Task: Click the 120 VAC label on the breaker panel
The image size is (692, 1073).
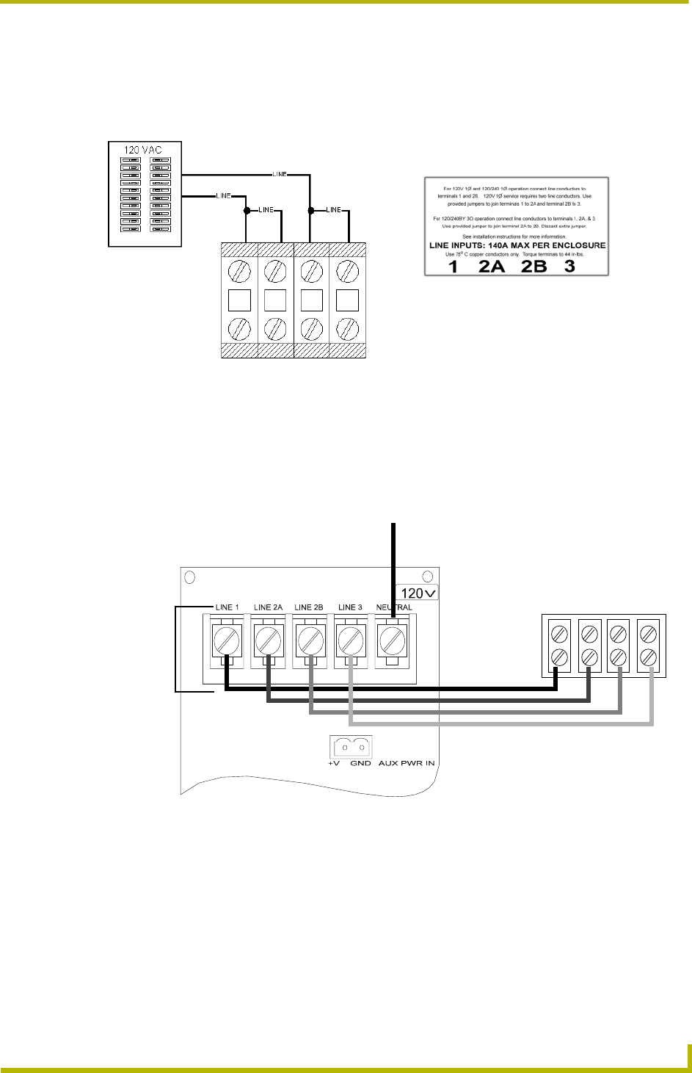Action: point(142,150)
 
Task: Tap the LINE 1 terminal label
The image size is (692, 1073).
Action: point(227,607)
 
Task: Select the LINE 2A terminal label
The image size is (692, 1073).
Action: point(268,607)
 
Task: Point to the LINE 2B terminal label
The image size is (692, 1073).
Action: point(309,607)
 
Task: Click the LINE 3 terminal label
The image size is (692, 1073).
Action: point(350,607)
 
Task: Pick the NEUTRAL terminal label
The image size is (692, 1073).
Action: point(394,607)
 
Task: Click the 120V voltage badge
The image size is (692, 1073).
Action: point(417,592)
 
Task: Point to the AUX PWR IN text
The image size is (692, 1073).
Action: point(407,763)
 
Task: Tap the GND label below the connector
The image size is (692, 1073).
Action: point(360,763)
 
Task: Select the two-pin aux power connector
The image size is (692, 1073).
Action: point(351,746)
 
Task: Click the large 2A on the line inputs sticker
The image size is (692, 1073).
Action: point(492,267)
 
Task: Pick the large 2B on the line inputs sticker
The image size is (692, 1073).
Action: point(534,267)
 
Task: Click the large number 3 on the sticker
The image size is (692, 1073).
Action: point(570,267)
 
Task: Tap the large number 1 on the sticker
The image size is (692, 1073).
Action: point(454,267)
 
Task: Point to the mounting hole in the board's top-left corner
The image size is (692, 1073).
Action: point(189,577)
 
